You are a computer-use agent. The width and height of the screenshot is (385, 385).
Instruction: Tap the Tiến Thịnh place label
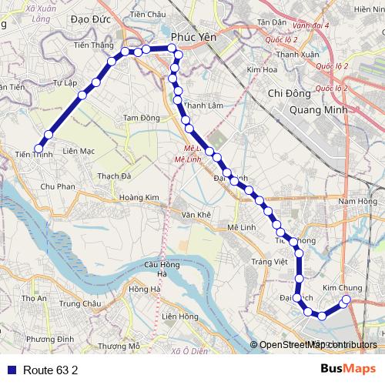pyautogui.click(x=34, y=154)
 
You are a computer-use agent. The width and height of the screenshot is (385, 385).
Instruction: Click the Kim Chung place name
pyautogui.click(x=342, y=287)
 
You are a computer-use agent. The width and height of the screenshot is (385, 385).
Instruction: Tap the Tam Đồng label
pyautogui.click(x=142, y=117)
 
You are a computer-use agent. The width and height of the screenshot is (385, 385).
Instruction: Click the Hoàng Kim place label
pyautogui.click(x=139, y=198)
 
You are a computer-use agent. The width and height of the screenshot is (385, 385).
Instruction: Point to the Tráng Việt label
pyautogui.click(x=269, y=262)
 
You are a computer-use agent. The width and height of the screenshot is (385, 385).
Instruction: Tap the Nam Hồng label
pyautogui.click(x=357, y=201)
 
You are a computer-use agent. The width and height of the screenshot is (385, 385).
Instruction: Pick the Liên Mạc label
pyautogui.click(x=79, y=151)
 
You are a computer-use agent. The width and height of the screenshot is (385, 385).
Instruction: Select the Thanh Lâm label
pyautogui.click(x=203, y=105)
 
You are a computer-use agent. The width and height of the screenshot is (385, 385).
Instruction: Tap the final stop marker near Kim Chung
pyautogui.click(x=346, y=300)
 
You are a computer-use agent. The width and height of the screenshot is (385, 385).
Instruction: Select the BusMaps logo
pyautogui.click(x=351, y=369)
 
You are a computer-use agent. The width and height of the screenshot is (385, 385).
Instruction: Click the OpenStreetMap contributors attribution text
pyautogui.click(x=317, y=345)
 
